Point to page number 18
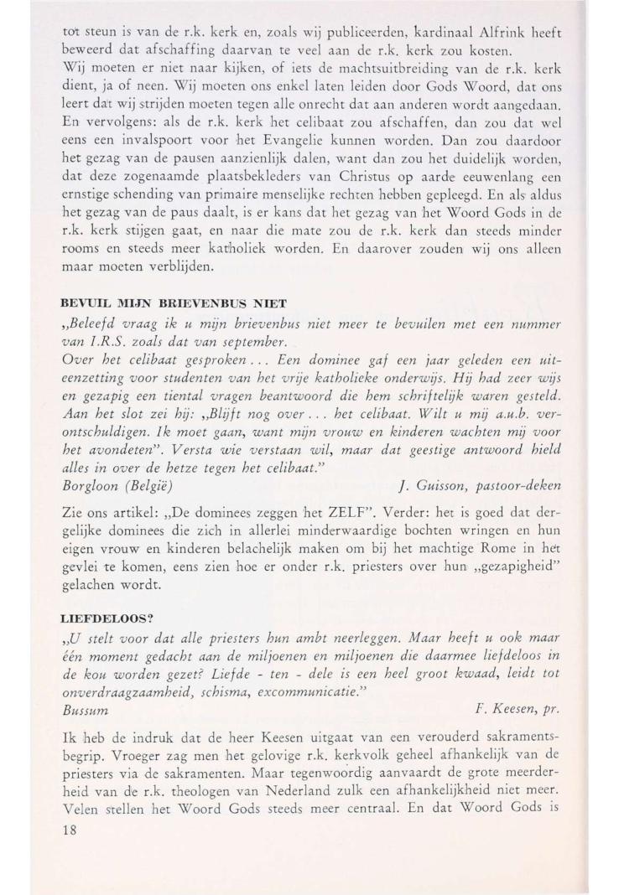(71, 848)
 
